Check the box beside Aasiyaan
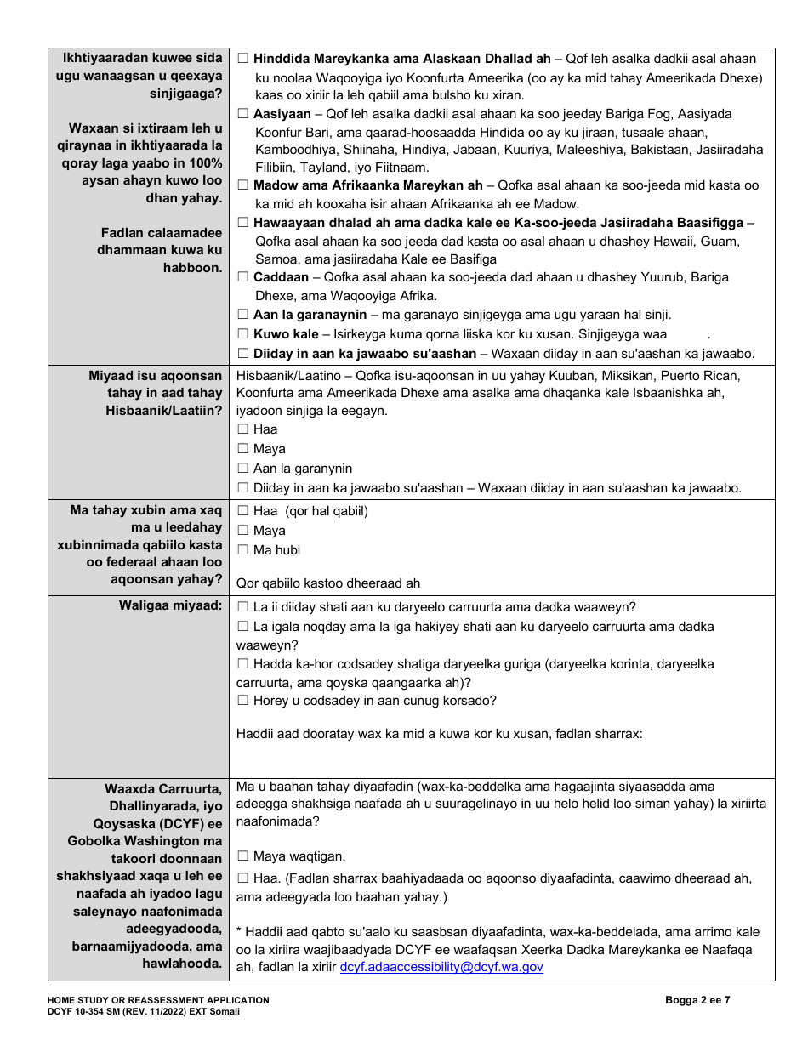[243, 114]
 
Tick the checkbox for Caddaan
[243, 277]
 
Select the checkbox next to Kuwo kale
[243, 334]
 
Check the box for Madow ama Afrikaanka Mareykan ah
[243, 185]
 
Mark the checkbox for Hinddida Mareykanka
[243, 59]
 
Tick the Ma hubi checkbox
[243, 550]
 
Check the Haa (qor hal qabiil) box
[243, 511]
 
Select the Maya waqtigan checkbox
[243, 856]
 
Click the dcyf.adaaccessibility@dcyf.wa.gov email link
[441, 967]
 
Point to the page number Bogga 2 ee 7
[697, 1000]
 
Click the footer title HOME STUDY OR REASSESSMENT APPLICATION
[159, 1000]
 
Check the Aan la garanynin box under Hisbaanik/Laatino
[243, 469]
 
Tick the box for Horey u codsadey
[243, 701]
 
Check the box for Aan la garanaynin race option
[243, 315]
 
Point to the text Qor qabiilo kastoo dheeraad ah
[328, 583]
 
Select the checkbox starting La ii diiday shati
[243, 607]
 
